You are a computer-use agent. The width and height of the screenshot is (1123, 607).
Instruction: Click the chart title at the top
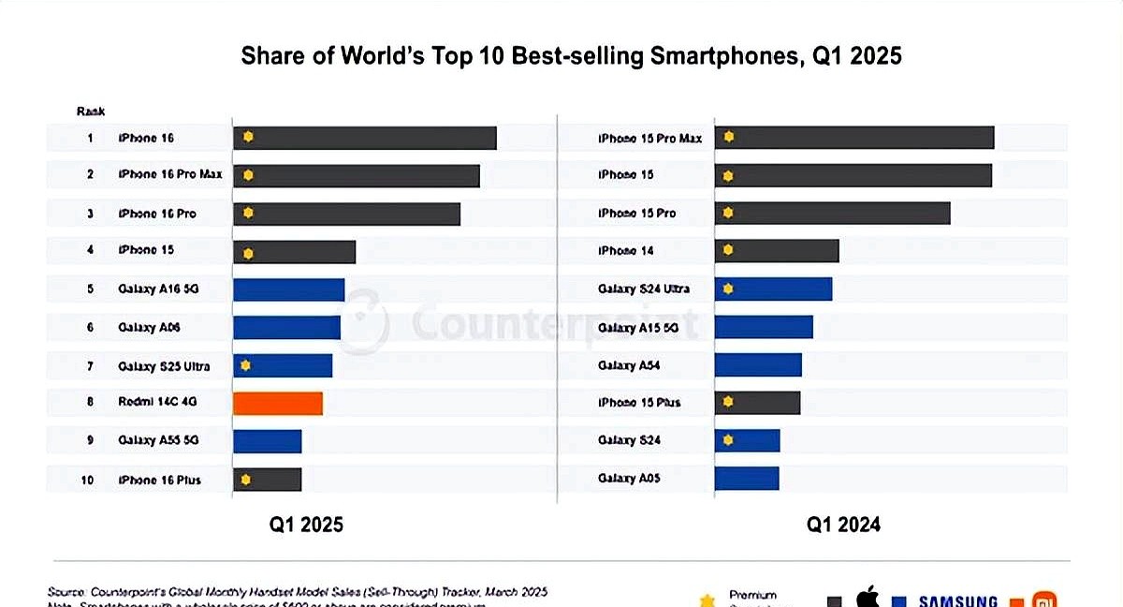pyautogui.click(x=571, y=56)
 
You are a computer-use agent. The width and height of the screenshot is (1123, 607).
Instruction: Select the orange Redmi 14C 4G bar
pyautogui.click(x=278, y=403)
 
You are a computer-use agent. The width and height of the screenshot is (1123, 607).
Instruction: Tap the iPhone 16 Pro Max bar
pyautogui.click(x=357, y=175)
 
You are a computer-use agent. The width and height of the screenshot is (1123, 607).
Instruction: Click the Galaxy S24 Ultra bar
pyautogui.click(x=773, y=289)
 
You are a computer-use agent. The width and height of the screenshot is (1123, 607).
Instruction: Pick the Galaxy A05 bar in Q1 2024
pyautogui.click(x=747, y=478)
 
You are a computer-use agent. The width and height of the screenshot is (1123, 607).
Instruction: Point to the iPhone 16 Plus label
pyautogui.click(x=159, y=480)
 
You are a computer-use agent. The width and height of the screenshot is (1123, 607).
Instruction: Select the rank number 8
pyautogui.click(x=90, y=403)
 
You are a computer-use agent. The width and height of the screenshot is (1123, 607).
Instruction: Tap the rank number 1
pyautogui.click(x=90, y=138)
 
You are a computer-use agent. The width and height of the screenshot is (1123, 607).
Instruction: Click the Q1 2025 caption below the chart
pyautogui.click(x=307, y=525)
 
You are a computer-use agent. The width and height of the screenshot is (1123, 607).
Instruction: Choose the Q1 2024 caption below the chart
pyautogui.click(x=844, y=525)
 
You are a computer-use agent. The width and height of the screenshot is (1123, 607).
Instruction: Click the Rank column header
pyautogui.click(x=90, y=111)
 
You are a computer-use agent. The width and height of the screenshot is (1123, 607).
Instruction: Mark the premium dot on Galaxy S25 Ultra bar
pyautogui.click(x=245, y=365)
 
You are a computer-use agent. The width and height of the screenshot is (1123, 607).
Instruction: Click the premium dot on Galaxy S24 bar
pyautogui.click(x=728, y=439)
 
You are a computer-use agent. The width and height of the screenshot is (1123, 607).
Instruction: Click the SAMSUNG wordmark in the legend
pyautogui.click(x=957, y=600)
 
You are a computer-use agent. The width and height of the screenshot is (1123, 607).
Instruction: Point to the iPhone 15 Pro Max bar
pyautogui.click(x=854, y=138)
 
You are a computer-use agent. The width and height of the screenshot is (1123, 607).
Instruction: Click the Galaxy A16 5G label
pyautogui.click(x=158, y=289)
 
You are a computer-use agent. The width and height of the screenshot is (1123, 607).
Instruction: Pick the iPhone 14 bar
pyautogui.click(x=777, y=251)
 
